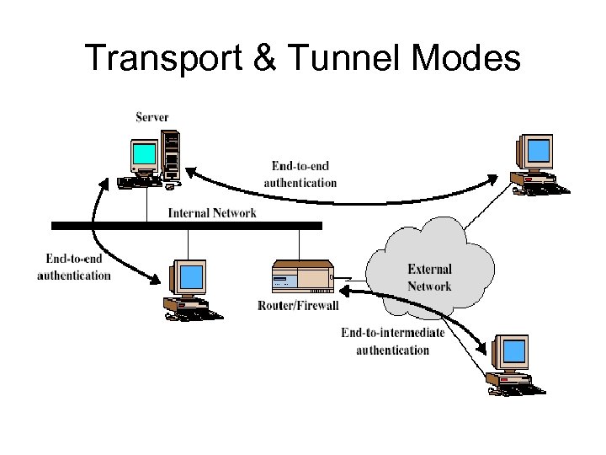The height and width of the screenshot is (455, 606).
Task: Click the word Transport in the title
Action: coord(159,58)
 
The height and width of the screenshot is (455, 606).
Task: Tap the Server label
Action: coord(152,116)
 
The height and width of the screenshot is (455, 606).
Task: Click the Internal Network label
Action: coord(212,212)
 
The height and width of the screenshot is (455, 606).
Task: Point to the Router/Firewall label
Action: coord(298,305)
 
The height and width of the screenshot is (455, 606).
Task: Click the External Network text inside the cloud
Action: coord(429,278)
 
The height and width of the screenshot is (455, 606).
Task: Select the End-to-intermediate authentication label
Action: coord(392,341)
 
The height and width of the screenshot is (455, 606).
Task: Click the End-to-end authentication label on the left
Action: coord(74,267)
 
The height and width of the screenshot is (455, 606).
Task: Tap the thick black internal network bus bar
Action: coord(186,226)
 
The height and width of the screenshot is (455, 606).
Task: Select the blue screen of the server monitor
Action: coord(145,154)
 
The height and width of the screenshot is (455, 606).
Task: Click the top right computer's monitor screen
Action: coord(538,153)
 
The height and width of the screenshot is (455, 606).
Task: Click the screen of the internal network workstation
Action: coord(193,276)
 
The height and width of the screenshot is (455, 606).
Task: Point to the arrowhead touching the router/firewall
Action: coord(344,290)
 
